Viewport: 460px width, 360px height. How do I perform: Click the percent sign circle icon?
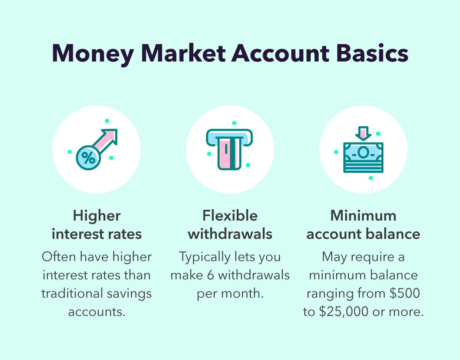click(x=88, y=157)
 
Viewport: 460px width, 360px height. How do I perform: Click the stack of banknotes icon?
click(x=363, y=157)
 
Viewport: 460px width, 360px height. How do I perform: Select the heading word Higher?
click(x=97, y=216)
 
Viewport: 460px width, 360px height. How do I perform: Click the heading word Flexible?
click(x=230, y=216)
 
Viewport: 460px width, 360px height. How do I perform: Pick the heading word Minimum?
click(x=363, y=216)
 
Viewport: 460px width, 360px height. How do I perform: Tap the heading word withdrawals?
click(x=230, y=234)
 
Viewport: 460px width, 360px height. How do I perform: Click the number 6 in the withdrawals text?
click(x=210, y=275)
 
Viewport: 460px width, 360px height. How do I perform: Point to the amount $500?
click(x=405, y=293)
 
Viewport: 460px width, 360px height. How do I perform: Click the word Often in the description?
click(x=58, y=257)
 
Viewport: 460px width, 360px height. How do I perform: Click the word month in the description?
click(x=245, y=293)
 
